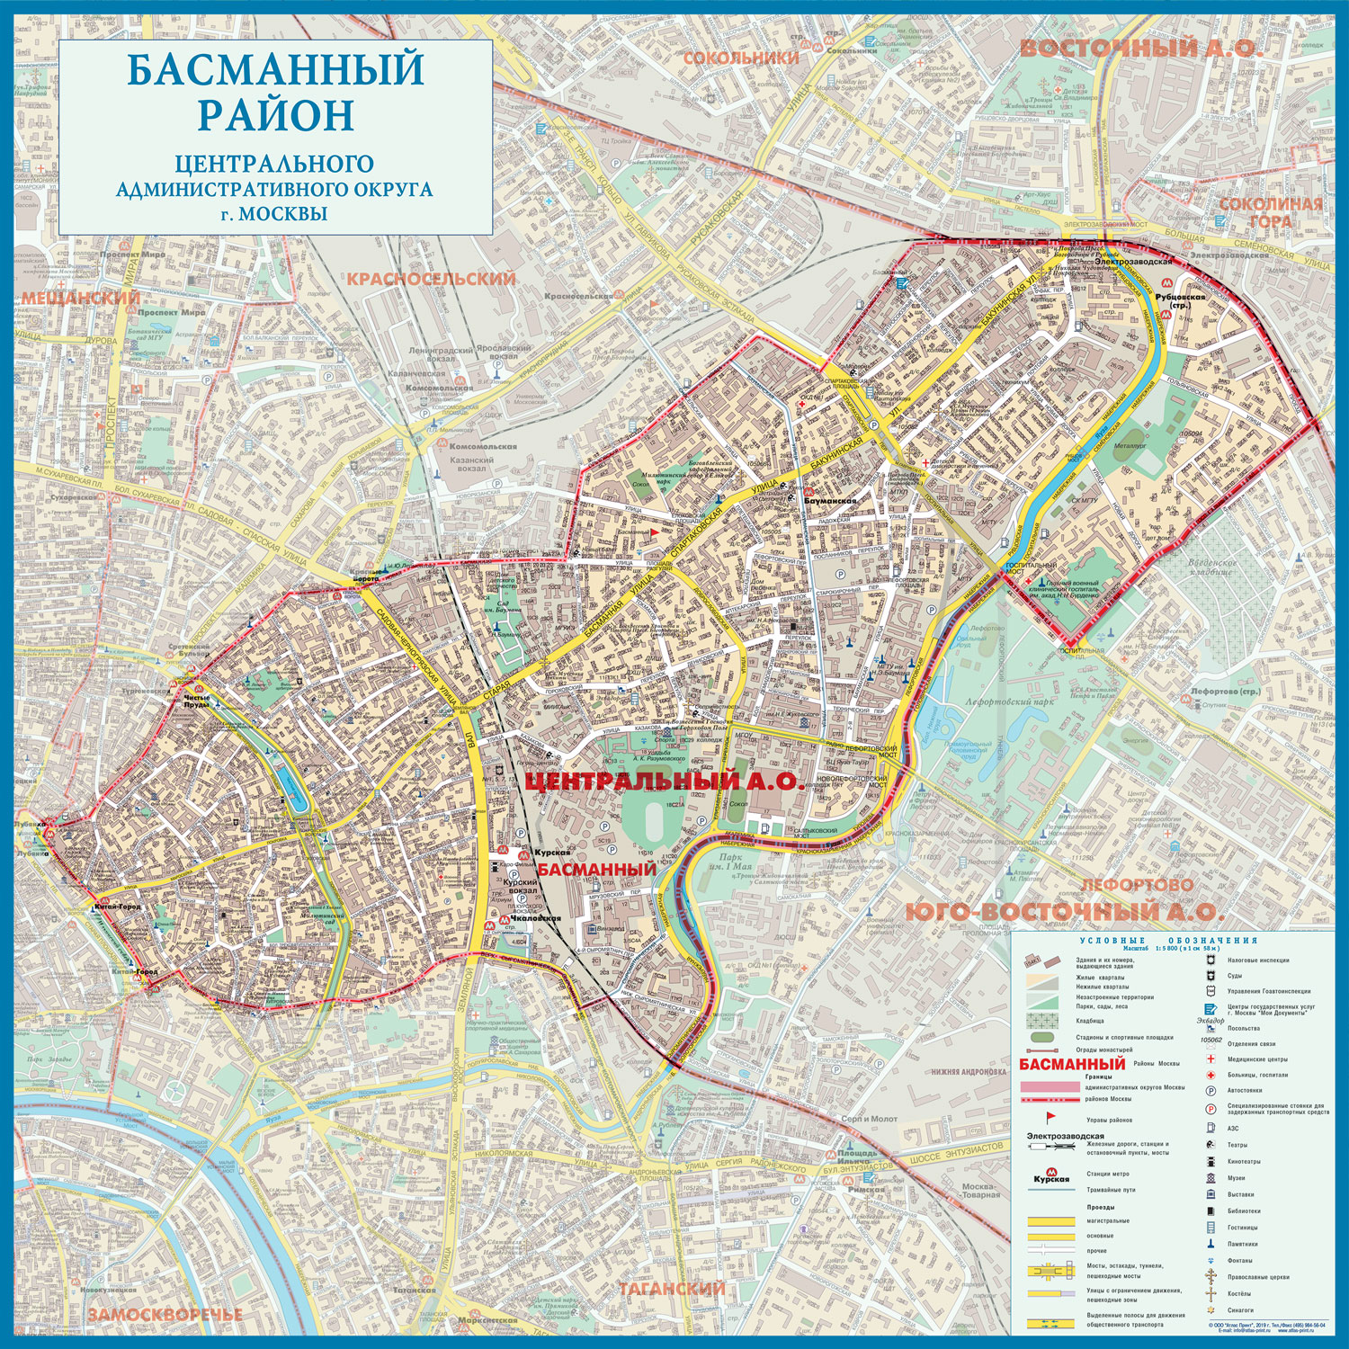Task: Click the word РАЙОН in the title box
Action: [x=275, y=114]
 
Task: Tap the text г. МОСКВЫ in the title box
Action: [x=275, y=214]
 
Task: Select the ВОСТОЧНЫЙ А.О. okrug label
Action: [x=1141, y=49]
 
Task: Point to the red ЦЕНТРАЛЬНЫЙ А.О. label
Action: [x=665, y=782]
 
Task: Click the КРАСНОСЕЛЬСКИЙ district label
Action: [x=432, y=279]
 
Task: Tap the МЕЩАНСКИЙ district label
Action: [x=81, y=298]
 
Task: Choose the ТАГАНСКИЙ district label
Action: [x=671, y=1289]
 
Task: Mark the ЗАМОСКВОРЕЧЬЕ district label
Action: [x=165, y=1314]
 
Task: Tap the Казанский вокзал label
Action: [x=471, y=464]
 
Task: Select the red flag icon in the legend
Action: [x=1047, y=1116]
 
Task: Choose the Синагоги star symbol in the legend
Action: [x=1211, y=1309]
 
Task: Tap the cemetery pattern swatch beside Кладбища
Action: [x=1044, y=1020]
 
